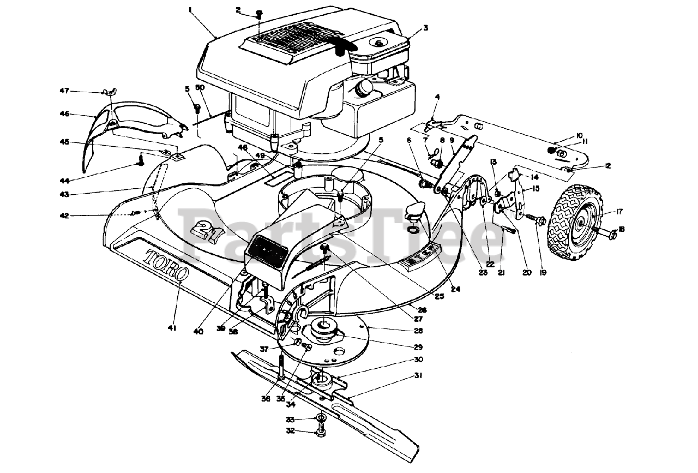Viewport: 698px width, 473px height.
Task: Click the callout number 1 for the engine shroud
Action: (x=190, y=9)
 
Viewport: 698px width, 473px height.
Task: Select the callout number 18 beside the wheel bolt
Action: (x=621, y=229)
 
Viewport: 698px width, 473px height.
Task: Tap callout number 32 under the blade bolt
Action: (x=291, y=431)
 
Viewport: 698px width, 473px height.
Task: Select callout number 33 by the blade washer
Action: (x=291, y=420)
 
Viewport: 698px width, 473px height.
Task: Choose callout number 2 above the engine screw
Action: (x=238, y=10)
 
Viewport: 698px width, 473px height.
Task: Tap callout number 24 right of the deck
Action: (x=455, y=289)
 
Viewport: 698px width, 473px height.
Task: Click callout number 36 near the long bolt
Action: (x=265, y=399)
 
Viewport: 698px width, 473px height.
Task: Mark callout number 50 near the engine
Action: (x=200, y=88)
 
